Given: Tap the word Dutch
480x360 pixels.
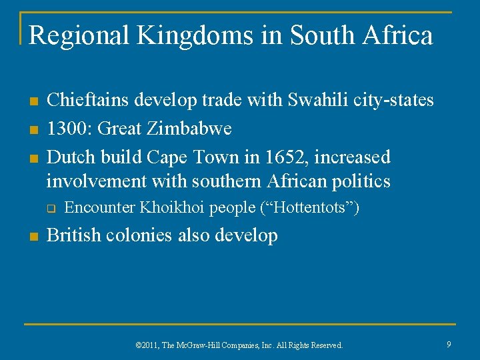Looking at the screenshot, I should click(69, 157).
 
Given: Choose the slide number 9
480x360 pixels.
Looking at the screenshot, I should click(449, 344).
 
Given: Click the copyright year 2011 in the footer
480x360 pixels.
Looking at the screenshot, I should click(148, 345).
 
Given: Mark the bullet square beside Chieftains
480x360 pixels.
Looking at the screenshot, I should click(32, 102).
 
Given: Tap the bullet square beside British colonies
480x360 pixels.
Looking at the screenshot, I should click(32, 237).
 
